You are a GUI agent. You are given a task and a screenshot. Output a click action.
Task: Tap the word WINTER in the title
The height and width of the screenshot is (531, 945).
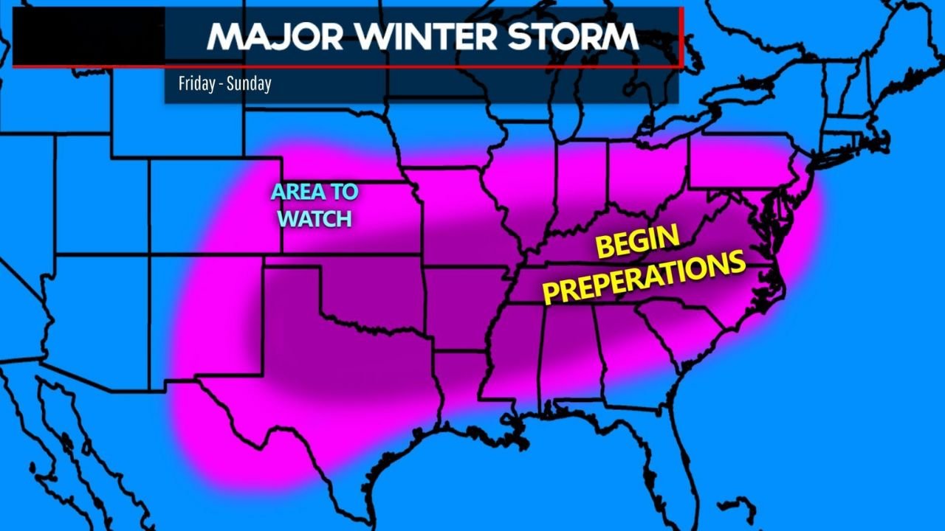pyautogui.click(x=416, y=37)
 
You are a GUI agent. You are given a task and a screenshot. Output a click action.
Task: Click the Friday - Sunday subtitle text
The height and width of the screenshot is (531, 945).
pyautogui.click(x=224, y=83)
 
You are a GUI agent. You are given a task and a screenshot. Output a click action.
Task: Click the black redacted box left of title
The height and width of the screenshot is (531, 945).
pyautogui.click(x=89, y=37)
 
